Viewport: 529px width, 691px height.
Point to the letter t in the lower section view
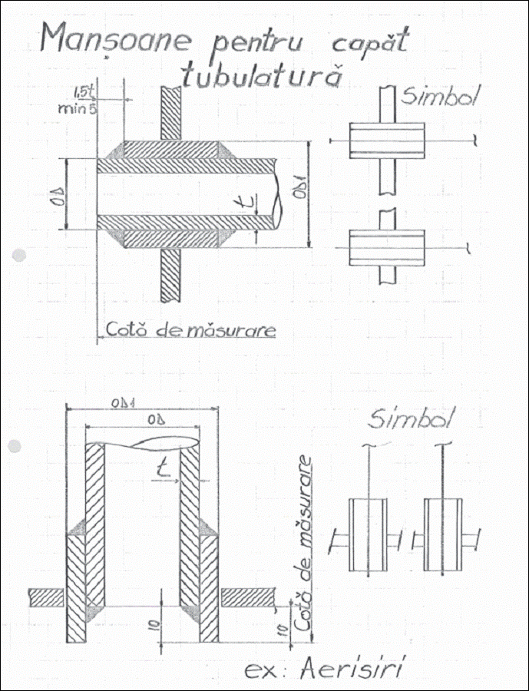[162, 468]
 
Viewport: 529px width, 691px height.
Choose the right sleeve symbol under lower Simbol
[445, 535]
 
